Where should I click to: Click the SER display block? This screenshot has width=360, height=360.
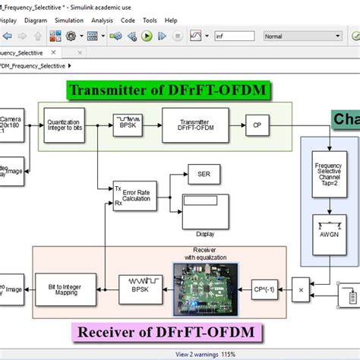[204, 174]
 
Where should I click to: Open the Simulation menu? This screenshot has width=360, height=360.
[69, 21]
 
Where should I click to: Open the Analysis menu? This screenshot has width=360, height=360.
[101, 21]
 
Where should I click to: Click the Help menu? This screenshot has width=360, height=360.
[171, 21]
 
